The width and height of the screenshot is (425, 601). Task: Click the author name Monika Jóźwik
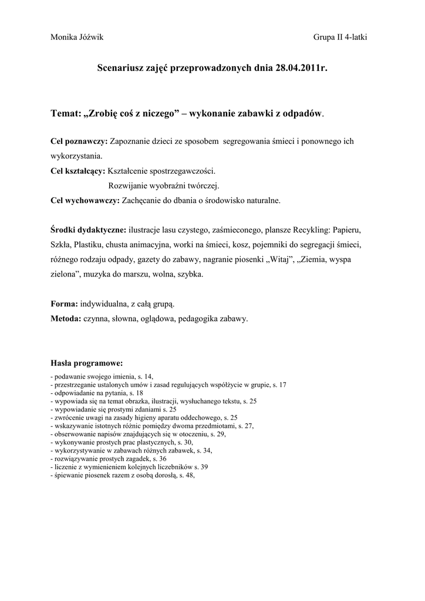[77, 37]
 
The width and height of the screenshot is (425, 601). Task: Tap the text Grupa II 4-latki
[340, 37]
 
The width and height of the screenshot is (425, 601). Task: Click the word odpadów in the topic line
[302, 113]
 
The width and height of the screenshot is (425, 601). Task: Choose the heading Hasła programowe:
[86, 362]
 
